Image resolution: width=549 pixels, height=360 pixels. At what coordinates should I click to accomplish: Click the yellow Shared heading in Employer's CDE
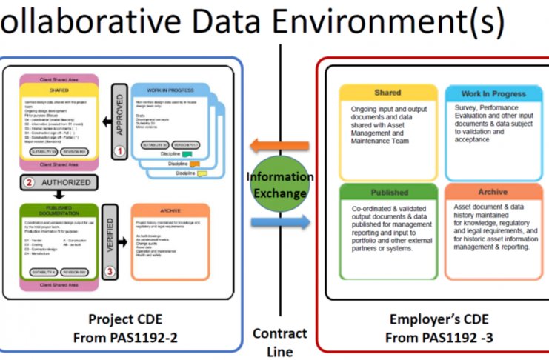tap(387, 93)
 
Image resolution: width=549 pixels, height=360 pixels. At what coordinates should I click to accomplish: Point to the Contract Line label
tap(279, 342)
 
